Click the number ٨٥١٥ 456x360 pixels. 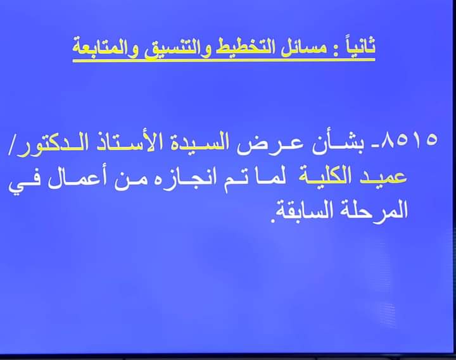click(x=410, y=140)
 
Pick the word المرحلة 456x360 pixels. click(x=374, y=210)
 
